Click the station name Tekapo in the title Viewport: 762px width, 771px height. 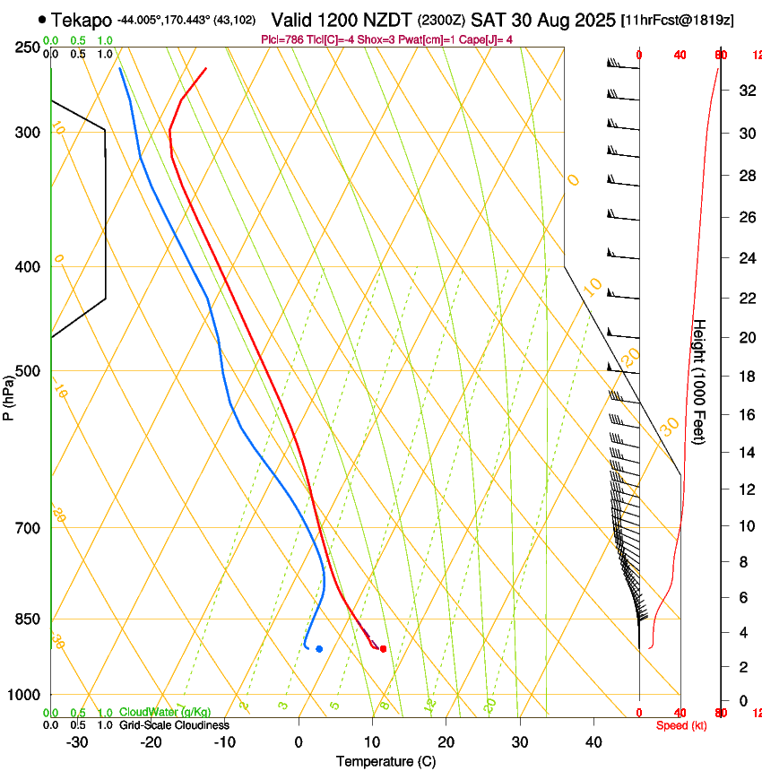[82, 19]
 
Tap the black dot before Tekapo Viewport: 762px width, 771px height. [42, 19]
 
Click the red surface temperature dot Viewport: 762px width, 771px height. [383, 648]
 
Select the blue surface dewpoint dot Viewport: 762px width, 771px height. [319, 648]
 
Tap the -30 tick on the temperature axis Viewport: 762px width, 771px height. [77, 742]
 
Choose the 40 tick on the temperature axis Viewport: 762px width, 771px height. [593, 742]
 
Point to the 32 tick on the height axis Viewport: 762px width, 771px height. [743, 91]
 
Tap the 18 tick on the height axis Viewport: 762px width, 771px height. [743, 377]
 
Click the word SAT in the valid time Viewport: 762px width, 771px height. [490, 19]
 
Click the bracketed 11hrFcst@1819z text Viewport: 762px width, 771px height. [677, 20]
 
